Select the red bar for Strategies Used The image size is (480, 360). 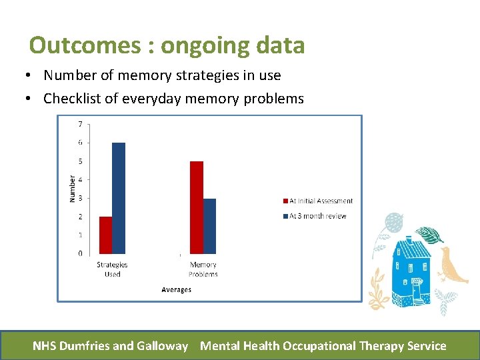point(105,235)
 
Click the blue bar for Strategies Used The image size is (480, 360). point(118,198)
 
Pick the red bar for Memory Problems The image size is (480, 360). point(197,207)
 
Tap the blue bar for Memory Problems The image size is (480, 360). point(209,226)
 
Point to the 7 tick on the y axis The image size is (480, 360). point(81,124)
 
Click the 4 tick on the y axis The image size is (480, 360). point(81,179)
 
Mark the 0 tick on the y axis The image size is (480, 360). point(81,253)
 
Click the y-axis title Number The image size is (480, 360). point(72,189)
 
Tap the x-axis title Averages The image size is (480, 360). point(176,289)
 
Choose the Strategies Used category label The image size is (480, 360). point(112,269)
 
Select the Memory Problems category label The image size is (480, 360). point(203,269)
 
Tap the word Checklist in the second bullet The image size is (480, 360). point(72,99)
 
